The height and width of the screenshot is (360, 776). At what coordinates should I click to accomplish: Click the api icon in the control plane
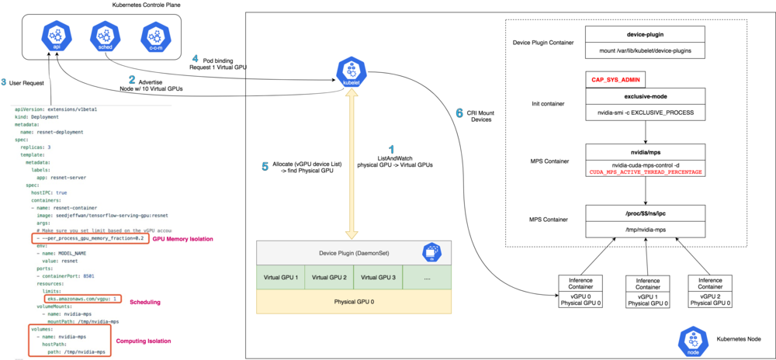(56, 36)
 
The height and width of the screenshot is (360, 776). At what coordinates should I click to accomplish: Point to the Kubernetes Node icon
(692, 340)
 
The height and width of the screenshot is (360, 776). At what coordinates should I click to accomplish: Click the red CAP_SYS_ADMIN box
(615, 80)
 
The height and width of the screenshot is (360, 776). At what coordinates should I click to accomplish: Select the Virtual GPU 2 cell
(330, 276)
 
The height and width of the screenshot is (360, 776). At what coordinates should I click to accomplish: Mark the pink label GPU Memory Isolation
(184, 239)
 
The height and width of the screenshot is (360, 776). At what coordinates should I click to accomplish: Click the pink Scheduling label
(144, 302)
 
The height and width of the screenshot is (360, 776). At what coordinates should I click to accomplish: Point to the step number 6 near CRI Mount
(459, 113)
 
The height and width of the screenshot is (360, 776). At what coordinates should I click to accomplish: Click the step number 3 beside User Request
(4, 82)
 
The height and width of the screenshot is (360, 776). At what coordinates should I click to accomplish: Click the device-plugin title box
(645, 35)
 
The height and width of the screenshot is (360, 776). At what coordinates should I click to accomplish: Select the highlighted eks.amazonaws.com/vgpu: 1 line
(83, 298)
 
